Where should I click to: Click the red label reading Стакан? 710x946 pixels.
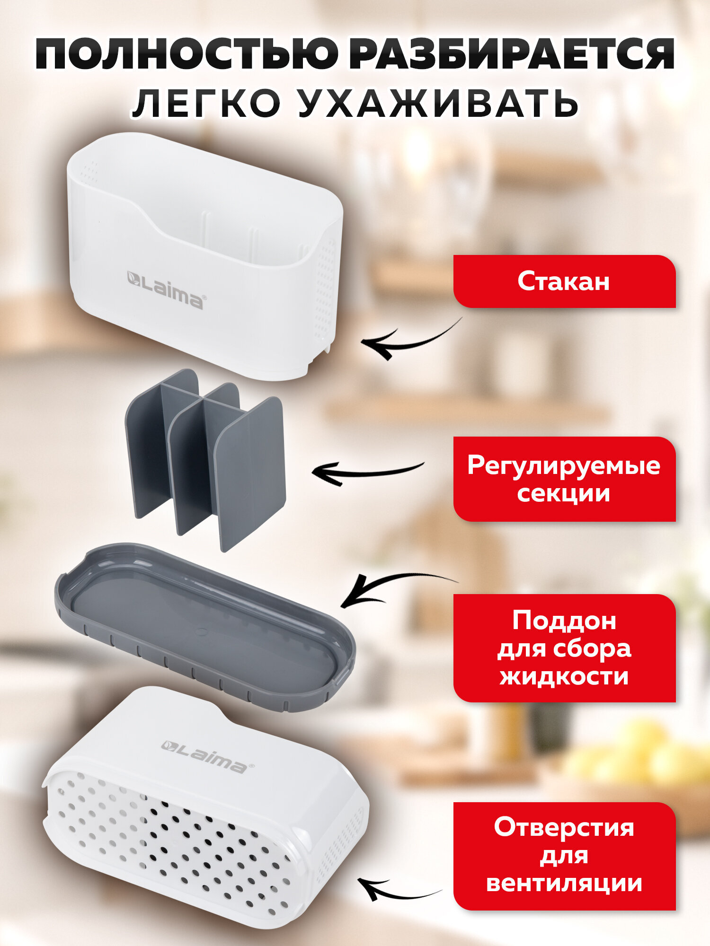tap(564, 281)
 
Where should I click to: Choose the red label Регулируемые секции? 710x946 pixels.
tap(564, 479)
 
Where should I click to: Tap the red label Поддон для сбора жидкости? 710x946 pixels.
tap(564, 648)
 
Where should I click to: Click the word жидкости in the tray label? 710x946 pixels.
tap(564, 676)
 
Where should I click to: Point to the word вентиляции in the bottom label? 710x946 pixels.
tap(564, 884)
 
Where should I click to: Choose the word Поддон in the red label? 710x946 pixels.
tap(564, 621)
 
